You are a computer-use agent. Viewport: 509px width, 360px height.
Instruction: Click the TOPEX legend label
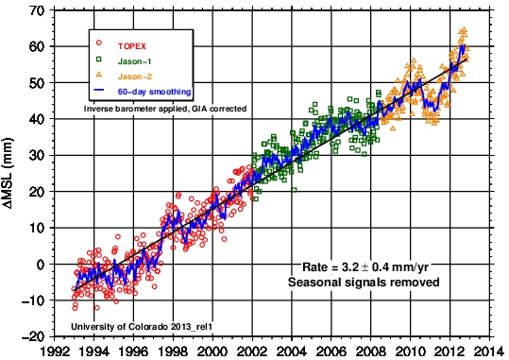[x=132, y=46]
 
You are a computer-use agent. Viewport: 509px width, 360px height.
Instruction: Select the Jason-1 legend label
[x=134, y=61]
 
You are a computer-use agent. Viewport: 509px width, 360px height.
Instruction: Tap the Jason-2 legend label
[x=135, y=77]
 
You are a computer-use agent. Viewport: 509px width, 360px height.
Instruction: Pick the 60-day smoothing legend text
[x=154, y=92]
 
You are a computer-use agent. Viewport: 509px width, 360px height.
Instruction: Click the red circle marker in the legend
[x=99, y=43]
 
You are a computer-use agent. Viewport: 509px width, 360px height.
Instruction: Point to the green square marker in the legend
[x=99, y=60]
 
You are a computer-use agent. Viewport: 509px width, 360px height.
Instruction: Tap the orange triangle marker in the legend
[x=99, y=75]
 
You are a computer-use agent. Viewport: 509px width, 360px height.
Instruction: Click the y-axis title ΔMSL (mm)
[x=8, y=173]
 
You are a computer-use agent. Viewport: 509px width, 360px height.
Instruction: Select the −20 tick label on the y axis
[x=33, y=337]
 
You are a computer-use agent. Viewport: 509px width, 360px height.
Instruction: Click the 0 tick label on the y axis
[x=41, y=265]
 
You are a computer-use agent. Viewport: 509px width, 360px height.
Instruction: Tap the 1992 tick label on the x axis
[x=55, y=351]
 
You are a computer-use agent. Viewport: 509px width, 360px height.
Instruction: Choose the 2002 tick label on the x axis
[x=252, y=351]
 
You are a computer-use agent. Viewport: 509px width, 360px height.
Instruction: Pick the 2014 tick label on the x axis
[x=489, y=351]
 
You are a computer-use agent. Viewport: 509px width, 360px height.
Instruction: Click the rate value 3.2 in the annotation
[x=350, y=267]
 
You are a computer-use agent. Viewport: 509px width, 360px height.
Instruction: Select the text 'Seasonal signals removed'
[x=364, y=282]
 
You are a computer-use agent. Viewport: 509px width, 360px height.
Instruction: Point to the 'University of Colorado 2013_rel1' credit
[x=142, y=326]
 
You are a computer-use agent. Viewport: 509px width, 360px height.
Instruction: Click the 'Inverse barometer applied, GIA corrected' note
[x=165, y=109]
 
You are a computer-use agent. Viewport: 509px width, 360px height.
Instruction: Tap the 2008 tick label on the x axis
[x=371, y=351]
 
